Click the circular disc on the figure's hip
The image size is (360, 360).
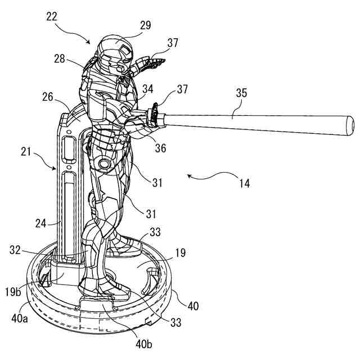coord(104,164)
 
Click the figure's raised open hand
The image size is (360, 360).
coord(157,61)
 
